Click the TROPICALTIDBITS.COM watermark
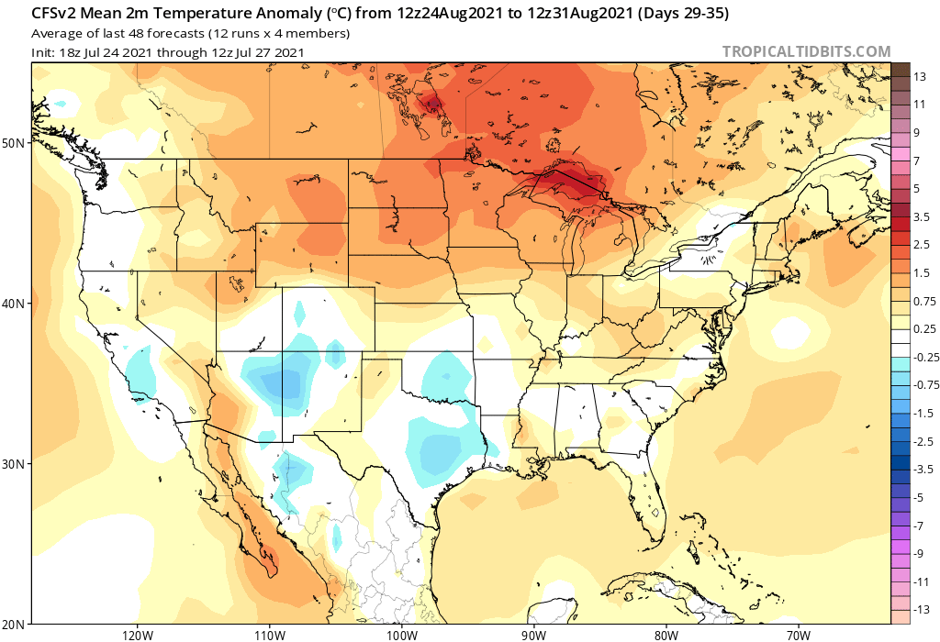(x=806, y=52)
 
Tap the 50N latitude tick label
(x=13, y=143)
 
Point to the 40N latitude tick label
(x=13, y=304)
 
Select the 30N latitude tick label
(x=13, y=464)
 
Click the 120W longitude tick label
(x=137, y=633)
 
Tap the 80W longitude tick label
(x=666, y=633)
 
